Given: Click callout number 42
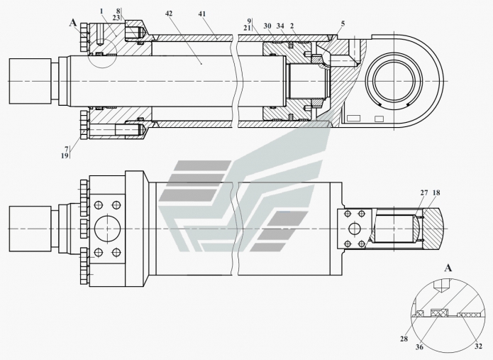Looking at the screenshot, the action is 169,13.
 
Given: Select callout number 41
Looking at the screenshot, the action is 202,14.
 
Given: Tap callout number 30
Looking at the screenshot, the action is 267,26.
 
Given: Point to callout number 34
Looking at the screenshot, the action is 280,26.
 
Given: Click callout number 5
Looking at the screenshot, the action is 343,23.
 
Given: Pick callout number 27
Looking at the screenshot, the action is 424,192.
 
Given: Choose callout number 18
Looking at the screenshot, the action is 436,192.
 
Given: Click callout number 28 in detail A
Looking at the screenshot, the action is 404,339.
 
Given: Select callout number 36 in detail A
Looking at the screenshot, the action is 419,347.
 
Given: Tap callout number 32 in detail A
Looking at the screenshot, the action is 478,347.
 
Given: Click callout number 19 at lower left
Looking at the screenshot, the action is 65,156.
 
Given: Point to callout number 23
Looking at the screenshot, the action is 116,18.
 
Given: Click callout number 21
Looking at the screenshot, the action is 247,28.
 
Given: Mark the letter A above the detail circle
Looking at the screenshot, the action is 448,268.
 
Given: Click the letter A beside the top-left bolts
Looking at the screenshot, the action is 73,23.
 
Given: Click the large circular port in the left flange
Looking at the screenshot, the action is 107,229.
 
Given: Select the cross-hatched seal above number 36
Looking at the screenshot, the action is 440,313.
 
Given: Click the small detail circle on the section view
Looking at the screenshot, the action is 102,53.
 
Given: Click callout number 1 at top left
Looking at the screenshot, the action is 101,11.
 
